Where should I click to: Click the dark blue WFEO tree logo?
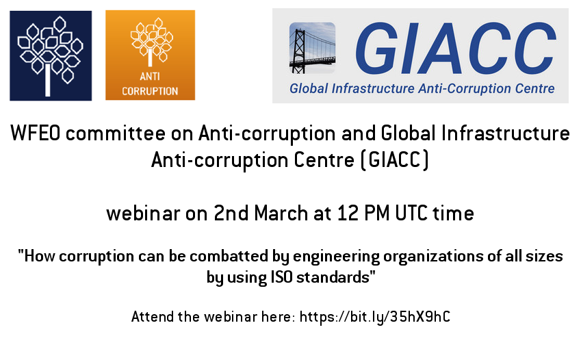pos(51,55)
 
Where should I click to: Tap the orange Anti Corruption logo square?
pos(150,55)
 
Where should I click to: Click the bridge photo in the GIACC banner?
pos(312,47)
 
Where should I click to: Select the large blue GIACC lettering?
pos(456,47)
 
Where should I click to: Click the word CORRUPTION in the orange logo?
pos(150,91)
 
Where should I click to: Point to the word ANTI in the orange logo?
pos(150,77)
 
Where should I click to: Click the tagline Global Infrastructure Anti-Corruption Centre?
pos(422,89)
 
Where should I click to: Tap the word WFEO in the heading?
pos(35,133)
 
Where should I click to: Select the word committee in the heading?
pos(115,133)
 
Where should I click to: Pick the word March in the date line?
pos(281,213)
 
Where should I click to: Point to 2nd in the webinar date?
pos(231,213)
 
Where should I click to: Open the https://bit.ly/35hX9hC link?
pos(374,318)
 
